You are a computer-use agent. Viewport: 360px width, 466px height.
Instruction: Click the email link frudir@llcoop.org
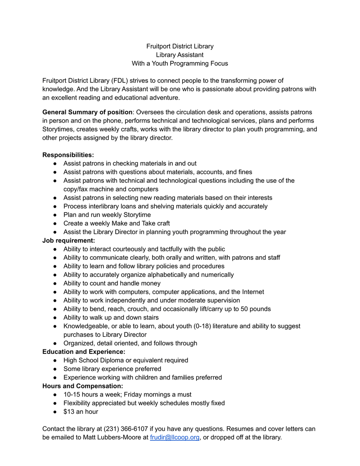(x=174, y=437)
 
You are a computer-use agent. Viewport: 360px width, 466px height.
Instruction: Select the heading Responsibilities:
(x=68, y=155)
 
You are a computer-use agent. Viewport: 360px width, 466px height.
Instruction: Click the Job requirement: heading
(x=68, y=240)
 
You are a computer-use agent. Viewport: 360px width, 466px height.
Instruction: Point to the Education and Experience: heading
(x=84, y=352)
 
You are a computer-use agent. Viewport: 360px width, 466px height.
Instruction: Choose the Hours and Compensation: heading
(x=82, y=386)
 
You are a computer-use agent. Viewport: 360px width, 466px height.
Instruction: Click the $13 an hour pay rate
(x=81, y=412)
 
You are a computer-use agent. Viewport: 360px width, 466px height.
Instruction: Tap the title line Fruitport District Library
(x=180, y=46)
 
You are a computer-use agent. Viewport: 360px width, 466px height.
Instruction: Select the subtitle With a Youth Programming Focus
(x=180, y=63)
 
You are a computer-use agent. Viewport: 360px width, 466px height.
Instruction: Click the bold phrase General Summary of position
(x=87, y=112)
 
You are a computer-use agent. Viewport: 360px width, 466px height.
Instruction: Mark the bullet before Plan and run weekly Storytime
(x=54, y=215)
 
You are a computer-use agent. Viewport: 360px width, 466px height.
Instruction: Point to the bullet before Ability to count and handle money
(x=54, y=283)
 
